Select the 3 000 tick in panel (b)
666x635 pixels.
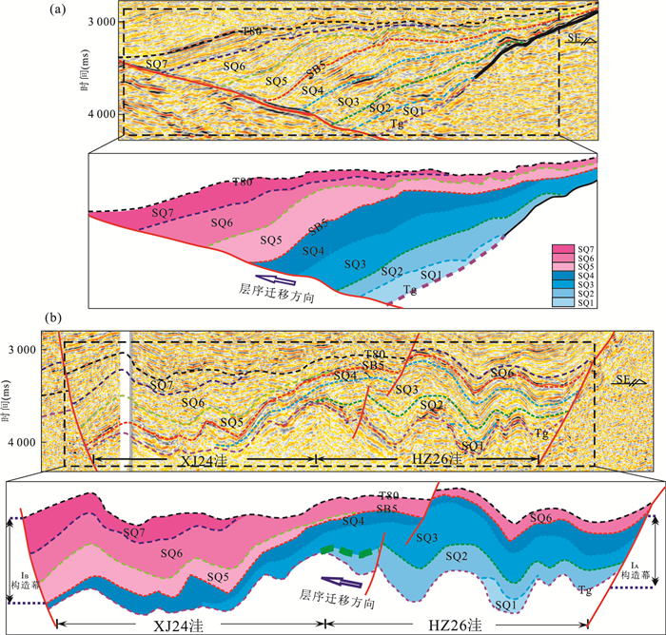tap(44, 350)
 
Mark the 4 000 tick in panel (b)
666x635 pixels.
tap(44, 443)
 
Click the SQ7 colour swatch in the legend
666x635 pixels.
tap(561, 248)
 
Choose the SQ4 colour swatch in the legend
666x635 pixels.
tap(561, 275)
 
